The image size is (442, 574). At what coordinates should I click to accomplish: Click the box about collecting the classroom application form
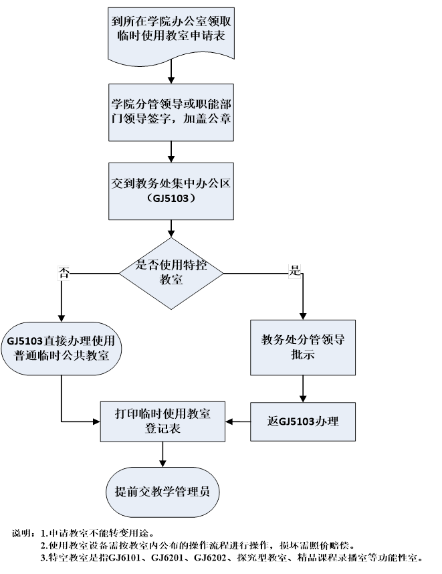pos(172,31)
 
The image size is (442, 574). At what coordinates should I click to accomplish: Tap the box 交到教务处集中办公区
pos(172,191)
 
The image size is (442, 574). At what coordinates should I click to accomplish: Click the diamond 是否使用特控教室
pos(172,272)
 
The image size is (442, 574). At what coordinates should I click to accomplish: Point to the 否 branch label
pos(64,272)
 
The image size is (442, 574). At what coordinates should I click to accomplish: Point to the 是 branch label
pos(294,271)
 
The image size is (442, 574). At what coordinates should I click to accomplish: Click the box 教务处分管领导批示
pos(303,347)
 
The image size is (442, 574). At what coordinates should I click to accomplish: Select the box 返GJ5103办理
pos(303,421)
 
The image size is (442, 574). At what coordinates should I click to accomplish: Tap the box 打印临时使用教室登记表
pos(162,421)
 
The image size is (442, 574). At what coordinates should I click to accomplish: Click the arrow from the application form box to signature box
pos(172,70)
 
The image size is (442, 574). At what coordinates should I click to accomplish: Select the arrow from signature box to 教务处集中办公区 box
pos(172,151)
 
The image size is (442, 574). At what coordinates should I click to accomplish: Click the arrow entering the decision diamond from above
pos(172,229)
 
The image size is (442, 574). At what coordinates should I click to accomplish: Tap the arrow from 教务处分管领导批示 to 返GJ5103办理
pos(303,388)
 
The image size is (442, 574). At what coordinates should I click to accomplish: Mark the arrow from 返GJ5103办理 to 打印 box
pos(238,421)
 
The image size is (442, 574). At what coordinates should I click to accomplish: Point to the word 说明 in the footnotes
pos(22,533)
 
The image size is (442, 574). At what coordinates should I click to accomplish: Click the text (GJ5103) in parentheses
pos(172,199)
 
